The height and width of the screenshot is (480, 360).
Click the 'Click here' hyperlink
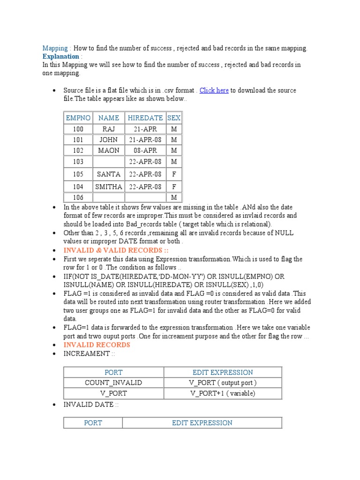point(214,90)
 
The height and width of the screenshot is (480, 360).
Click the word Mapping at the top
point(55,48)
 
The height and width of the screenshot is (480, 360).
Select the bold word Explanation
point(60,57)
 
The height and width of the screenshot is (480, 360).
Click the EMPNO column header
point(78,118)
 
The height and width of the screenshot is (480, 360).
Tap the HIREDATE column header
point(145,118)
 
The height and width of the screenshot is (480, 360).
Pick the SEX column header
point(174,118)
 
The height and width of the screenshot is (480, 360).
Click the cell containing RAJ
point(109,129)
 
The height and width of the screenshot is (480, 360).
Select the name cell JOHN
point(109,140)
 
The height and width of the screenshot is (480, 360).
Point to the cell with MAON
point(109,150)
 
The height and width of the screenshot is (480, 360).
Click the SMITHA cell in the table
point(109,187)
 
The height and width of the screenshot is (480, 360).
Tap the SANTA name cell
point(109,174)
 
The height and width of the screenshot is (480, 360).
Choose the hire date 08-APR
point(145,150)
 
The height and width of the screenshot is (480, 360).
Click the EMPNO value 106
point(78,198)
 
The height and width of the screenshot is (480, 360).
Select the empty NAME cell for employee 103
point(109,162)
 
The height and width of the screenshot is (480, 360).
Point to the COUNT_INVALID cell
point(113,382)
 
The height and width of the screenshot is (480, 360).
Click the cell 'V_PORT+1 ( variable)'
point(223,393)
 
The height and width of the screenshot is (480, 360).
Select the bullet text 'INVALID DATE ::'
point(90,404)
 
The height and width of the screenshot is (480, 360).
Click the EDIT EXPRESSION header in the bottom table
point(202,423)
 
